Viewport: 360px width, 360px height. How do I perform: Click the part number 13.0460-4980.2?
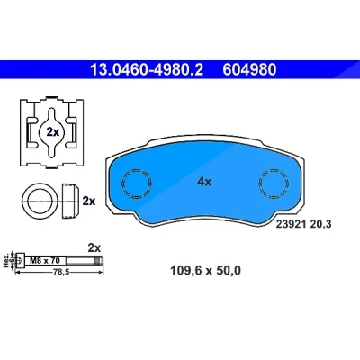(x=147, y=70)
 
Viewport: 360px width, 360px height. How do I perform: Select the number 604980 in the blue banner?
(x=249, y=70)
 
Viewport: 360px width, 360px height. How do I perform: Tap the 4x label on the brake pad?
(x=204, y=182)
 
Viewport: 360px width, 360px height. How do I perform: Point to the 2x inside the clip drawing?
(x=53, y=132)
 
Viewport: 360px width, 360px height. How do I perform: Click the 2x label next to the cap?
(x=89, y=201)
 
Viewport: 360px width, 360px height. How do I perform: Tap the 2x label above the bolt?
(x=94, y=248)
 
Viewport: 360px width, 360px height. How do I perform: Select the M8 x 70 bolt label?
(x=45, y=260)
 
